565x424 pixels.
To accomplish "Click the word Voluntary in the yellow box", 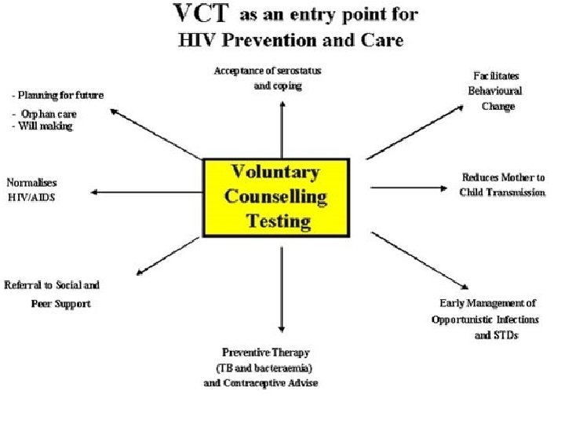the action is [x=274, y=173].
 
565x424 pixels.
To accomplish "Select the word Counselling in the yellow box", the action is [x=275, y=196].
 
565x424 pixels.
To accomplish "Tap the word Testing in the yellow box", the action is [x=279, y=220].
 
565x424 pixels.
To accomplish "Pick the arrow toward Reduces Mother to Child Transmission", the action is [x=412, y=187].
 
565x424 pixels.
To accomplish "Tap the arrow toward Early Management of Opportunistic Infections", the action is [x=420, y=261].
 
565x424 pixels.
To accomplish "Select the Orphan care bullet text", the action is [x=49, y=114].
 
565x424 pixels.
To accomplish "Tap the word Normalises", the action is [x=31, y=181].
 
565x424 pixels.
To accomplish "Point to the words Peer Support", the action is [x=61, y=303].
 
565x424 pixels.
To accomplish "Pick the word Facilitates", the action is [x=496, y=75].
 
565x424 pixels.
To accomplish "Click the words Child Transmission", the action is [x=502, y=192].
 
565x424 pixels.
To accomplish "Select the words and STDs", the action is [x=496, y=334].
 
